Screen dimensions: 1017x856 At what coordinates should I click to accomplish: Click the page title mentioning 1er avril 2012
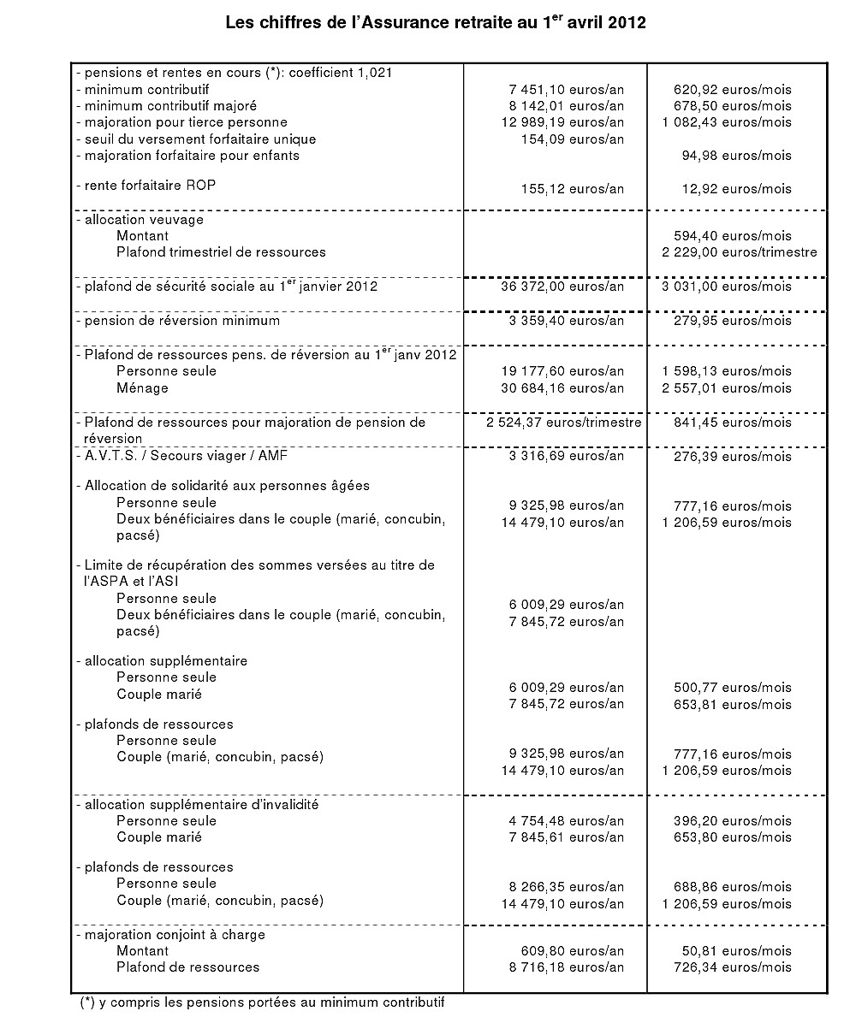(436, 23)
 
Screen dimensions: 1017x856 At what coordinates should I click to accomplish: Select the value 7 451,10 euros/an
(566, 89)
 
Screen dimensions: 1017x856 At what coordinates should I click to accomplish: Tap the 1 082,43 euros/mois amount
(727, 122)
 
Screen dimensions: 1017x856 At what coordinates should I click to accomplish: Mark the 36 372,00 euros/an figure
(562, 287)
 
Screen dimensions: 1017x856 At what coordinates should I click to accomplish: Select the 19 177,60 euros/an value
(562, 371)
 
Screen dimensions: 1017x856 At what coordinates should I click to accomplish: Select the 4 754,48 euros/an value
(566, 820)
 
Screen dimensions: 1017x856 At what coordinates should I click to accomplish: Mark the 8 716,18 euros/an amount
(566, 967)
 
